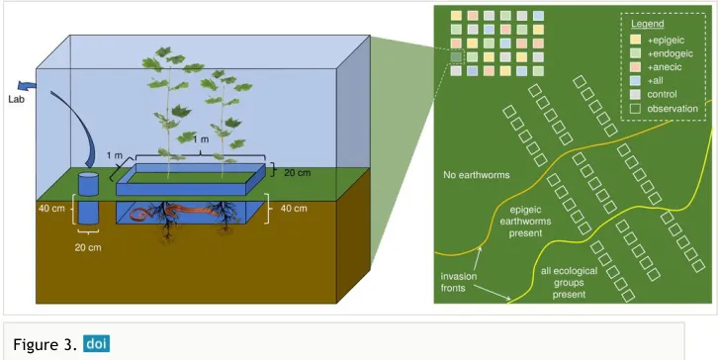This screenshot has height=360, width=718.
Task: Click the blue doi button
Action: [x=96, y=343]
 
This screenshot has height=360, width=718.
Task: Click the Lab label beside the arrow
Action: [x=16, y=99]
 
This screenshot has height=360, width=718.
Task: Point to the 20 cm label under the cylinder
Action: [x=88, y=248]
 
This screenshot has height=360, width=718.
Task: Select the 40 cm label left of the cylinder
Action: [x=50, y=209]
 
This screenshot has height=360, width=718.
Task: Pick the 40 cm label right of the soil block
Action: [x=293, y=209]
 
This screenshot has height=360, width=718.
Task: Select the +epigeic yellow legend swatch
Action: [x=637, y=41]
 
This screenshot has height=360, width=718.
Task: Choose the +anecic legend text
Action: [x=665, y=67]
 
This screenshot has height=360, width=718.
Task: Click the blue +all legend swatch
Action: [x=637, y=81]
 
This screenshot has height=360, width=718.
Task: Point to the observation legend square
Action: [x=637, y=109]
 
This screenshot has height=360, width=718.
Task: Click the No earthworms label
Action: [x=477, y=175]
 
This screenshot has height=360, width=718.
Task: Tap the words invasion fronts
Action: [x=459, y=282]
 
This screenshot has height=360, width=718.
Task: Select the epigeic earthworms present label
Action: [x=531, y=222]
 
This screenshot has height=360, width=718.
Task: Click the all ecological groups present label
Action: [x=569, y=283]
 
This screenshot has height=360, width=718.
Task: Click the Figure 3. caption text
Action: [x=45, y=344]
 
